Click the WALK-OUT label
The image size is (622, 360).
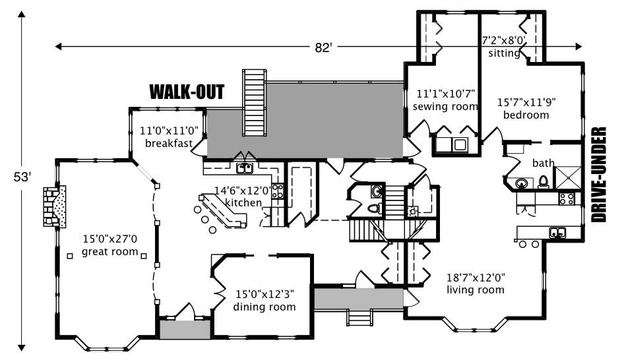[x=187, y=92]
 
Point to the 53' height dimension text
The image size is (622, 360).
[x=22, y=177]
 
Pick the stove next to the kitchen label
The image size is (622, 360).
[x=278, y=192]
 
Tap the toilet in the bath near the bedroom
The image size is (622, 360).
[x=544, y=181]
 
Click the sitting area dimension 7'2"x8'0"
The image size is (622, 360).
[x=503, y=40]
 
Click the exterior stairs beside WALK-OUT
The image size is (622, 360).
[x=254, y=100]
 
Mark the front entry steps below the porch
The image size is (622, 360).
[x=359, y=319]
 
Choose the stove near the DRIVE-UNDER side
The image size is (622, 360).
[x=567, y=198]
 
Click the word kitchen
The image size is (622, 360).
[x=243, y=202]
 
